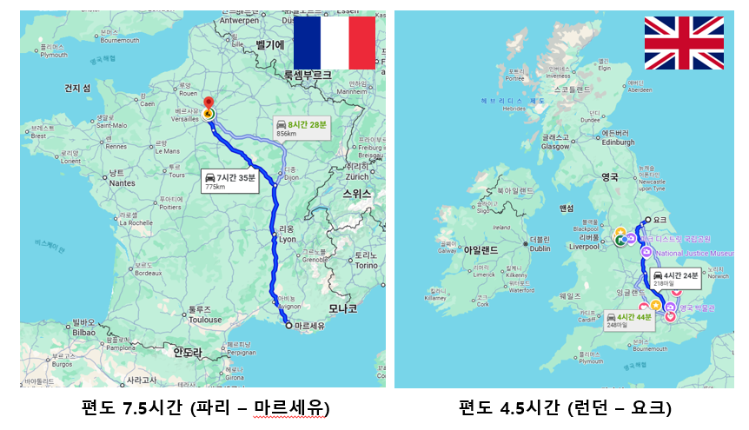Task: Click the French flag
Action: [x=335, y=42]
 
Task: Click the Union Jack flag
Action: [x=684, y=43]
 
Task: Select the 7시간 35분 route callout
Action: [x=229, y=180]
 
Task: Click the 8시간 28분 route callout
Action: [x=302, y=129]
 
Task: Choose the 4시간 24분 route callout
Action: [x=675, y=279]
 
